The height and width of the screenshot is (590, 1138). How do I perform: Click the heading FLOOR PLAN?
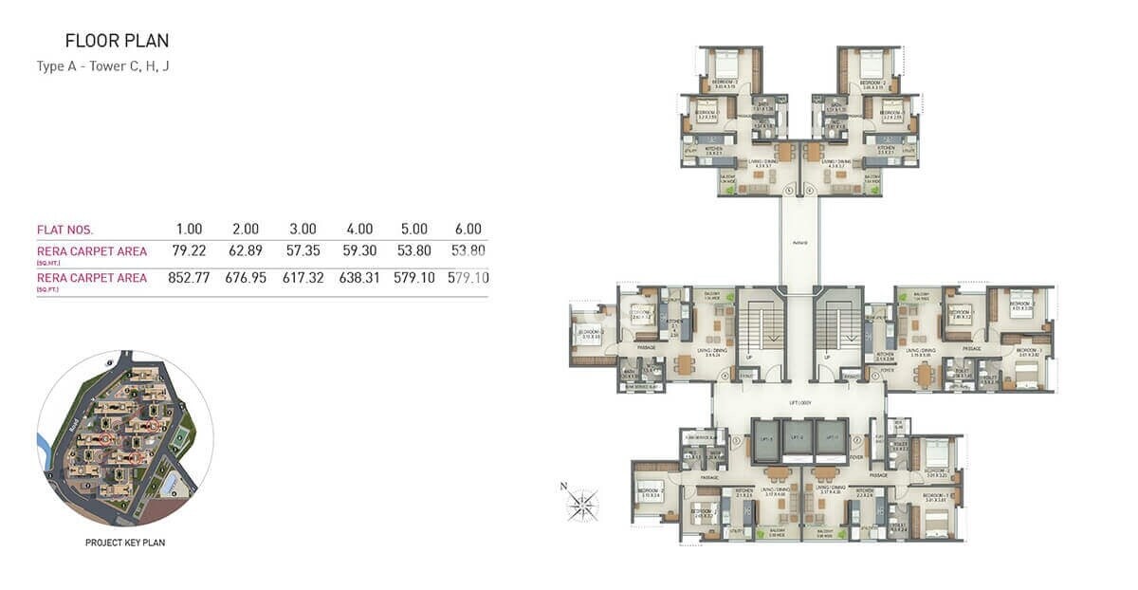117,41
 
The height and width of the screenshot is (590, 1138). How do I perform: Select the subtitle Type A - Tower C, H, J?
103,66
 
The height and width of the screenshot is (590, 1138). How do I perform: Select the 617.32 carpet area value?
302,279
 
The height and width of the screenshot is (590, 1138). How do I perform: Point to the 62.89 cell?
246,252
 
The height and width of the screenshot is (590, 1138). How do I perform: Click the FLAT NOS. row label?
64,230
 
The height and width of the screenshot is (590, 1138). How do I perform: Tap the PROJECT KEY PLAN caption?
125,544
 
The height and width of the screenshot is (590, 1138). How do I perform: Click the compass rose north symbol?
582,504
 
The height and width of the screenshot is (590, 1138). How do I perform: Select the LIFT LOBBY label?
798,403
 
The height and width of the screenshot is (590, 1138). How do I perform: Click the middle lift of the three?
798,437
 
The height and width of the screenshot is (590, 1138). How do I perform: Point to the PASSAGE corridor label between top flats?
798,243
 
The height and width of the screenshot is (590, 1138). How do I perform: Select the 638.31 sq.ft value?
358,279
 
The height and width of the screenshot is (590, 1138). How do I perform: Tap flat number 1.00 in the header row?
190,230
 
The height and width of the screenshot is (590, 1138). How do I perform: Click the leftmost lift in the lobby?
765,437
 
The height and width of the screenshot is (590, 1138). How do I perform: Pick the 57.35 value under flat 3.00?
302,252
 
